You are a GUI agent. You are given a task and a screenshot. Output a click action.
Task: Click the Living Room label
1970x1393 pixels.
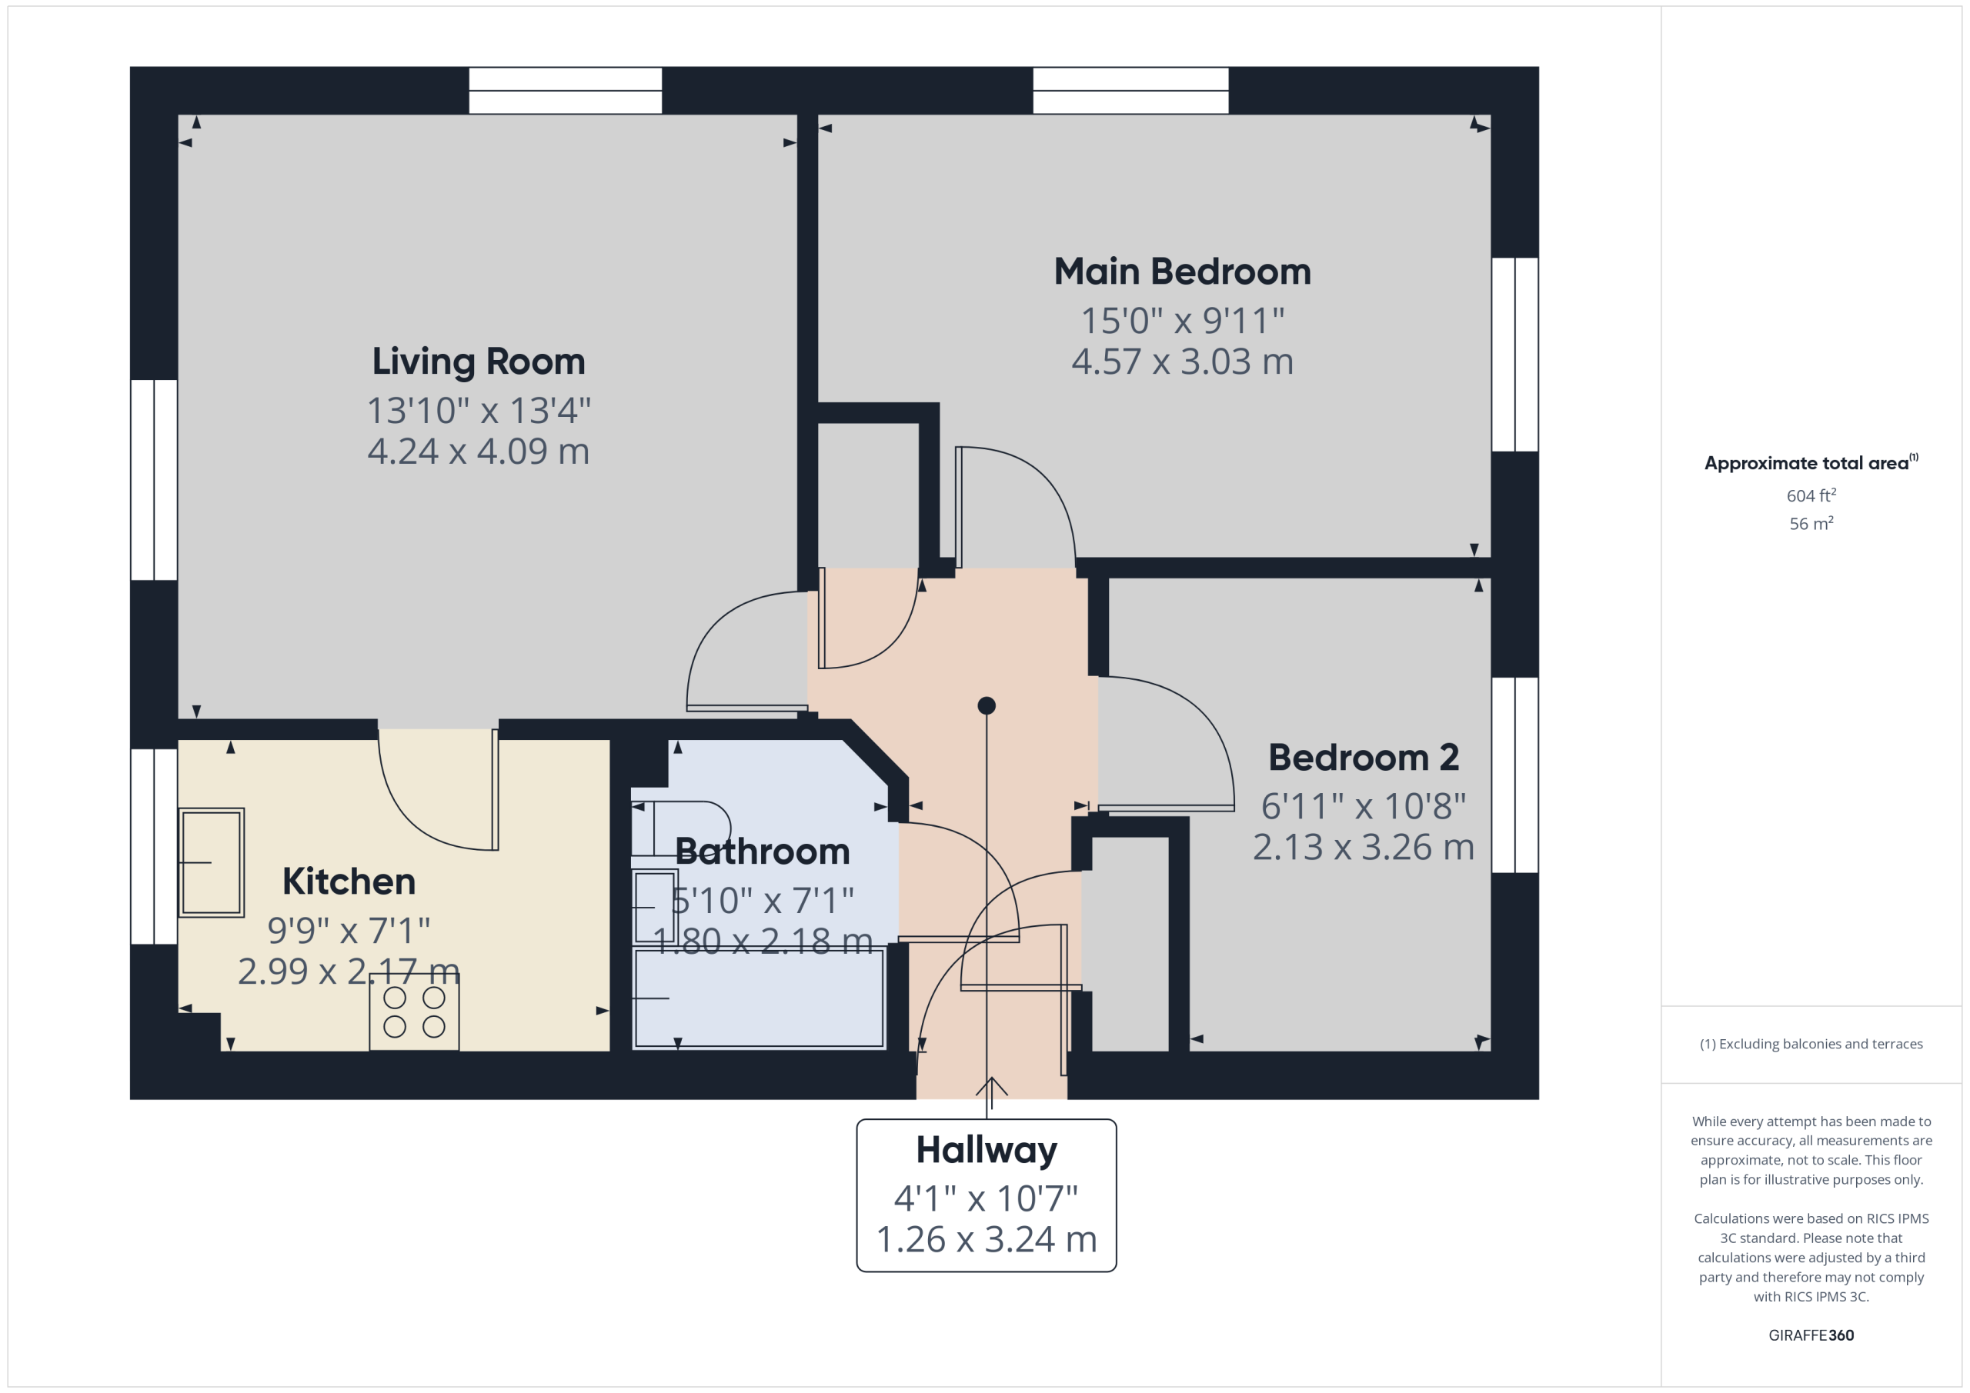tap(479, 361)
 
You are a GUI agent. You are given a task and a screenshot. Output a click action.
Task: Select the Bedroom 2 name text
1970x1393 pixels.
tap(1364, 758)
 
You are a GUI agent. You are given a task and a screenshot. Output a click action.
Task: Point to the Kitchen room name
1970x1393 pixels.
tap(349, 881)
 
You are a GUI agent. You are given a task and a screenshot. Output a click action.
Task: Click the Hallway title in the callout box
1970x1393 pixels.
tap(987, 1150)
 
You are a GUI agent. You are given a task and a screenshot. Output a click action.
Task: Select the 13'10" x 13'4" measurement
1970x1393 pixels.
tap(479, 410)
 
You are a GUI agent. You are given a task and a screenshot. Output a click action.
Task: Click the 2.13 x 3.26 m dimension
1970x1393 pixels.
tap(1364, 848)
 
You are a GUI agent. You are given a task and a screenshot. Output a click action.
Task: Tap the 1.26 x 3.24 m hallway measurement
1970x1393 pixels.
tap(987, 1239)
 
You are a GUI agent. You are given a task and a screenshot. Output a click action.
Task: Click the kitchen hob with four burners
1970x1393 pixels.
tap(415, 1012)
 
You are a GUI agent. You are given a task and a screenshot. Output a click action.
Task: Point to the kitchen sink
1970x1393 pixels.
tap(211, 863)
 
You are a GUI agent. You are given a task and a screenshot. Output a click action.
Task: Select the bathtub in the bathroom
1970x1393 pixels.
tap(759, 998)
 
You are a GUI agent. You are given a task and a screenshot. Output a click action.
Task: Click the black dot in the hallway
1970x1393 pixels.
tap(987, 706)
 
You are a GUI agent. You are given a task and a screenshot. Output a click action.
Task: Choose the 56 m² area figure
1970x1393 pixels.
tap(1811, 523)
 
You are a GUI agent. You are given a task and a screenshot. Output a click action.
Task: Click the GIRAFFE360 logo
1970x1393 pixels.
tap(1811, 1335)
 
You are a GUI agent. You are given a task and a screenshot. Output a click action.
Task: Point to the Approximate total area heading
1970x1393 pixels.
tap(1811, 462)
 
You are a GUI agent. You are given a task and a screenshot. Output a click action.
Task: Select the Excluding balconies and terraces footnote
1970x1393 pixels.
tap(1811, 1044)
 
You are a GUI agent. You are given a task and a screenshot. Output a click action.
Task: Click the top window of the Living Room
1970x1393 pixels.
tap(566, 90)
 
